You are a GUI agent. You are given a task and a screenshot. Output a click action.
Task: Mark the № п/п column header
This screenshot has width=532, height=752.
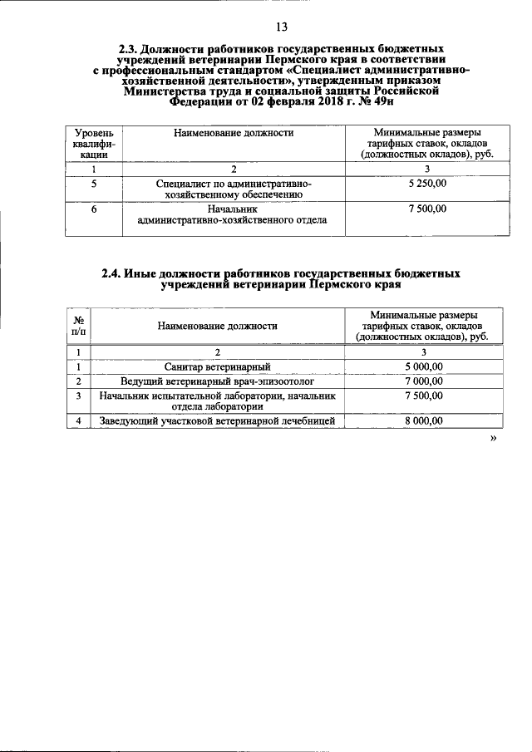78,327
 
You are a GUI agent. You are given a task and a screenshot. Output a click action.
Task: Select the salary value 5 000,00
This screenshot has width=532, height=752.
424,366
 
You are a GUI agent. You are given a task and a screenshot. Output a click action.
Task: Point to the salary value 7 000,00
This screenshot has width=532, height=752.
424,381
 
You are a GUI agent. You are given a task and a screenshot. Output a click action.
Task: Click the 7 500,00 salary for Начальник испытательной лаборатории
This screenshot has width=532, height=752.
424,396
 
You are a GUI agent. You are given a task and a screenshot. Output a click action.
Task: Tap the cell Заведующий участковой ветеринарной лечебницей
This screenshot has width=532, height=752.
217,421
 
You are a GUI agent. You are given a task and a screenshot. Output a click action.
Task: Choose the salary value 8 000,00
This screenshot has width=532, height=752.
424,421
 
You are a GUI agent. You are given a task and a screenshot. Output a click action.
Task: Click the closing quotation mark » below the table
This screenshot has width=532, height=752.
493,438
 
